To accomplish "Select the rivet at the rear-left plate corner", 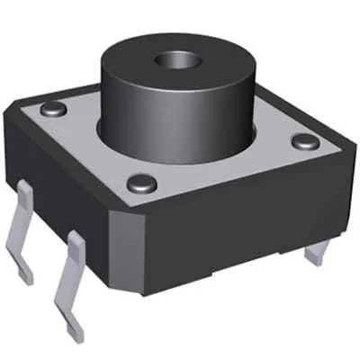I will [x=56, y=109].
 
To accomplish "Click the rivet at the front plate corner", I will [x=140, y=184].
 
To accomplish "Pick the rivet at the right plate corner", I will [x=304, y=141].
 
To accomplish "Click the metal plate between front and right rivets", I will [x=225, y=166].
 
